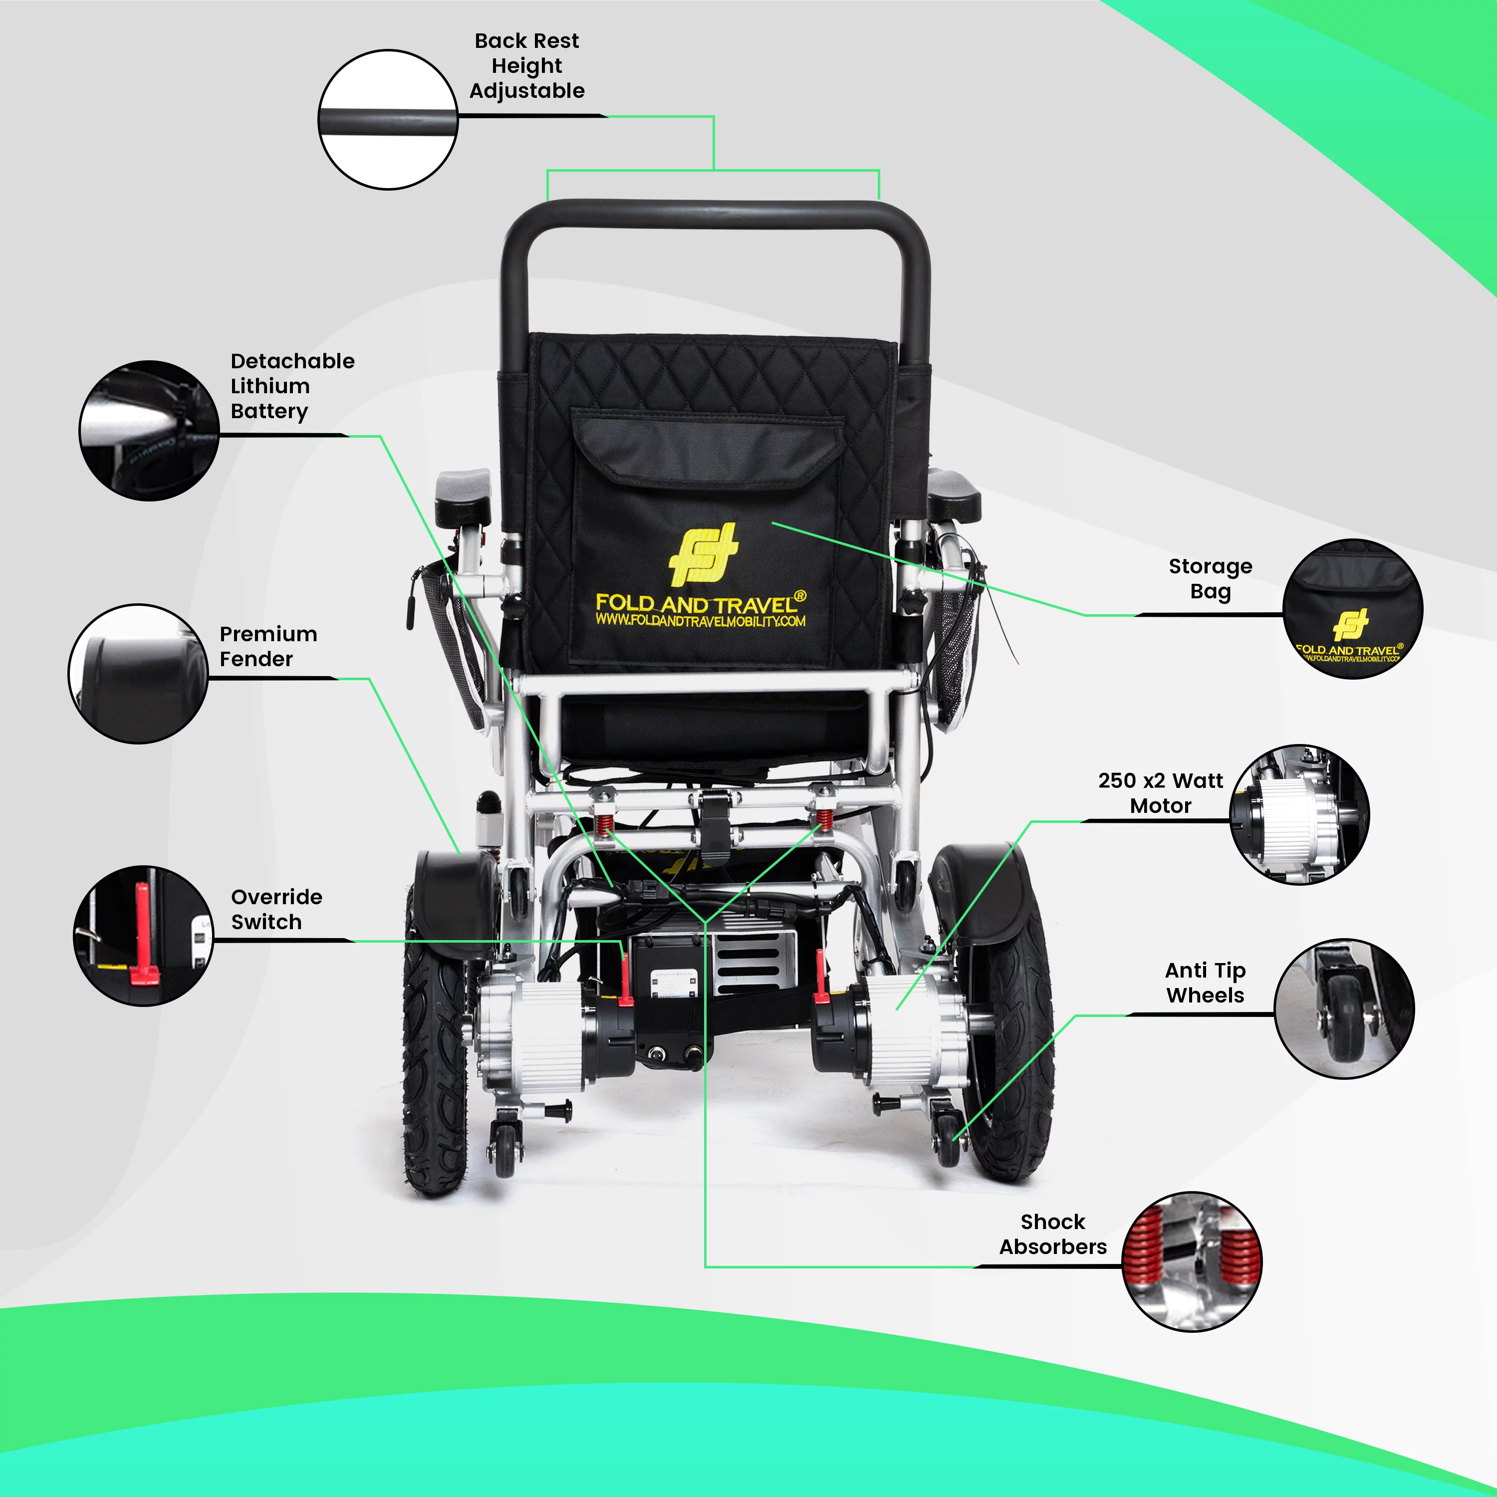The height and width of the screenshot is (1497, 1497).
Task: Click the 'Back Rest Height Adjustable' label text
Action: click(527, 66)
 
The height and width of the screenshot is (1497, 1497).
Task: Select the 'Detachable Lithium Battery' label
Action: click(292, 386)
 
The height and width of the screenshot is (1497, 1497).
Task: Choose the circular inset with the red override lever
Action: click(143, 936)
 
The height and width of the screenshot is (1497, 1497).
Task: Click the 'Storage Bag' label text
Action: click(1210, 579)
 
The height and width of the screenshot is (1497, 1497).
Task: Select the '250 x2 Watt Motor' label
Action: click(1160, 793)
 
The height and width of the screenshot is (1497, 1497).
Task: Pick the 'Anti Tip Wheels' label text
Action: click(1205, 983)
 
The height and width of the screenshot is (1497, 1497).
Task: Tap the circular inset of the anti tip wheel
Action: click(1344, 1009)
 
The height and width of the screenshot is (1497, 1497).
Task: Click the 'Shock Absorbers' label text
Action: click(1053, 1235)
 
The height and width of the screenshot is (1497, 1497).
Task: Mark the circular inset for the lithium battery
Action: click(150, 430)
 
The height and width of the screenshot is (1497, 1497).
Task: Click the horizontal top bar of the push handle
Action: click(713, 213)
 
